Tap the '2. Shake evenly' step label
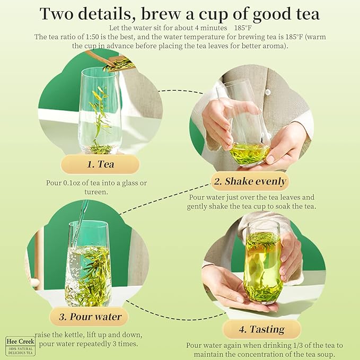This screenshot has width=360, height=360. tap(250, 181)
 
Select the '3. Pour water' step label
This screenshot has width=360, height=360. tap(90, 317)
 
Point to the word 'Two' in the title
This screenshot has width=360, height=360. tap(59, 14)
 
